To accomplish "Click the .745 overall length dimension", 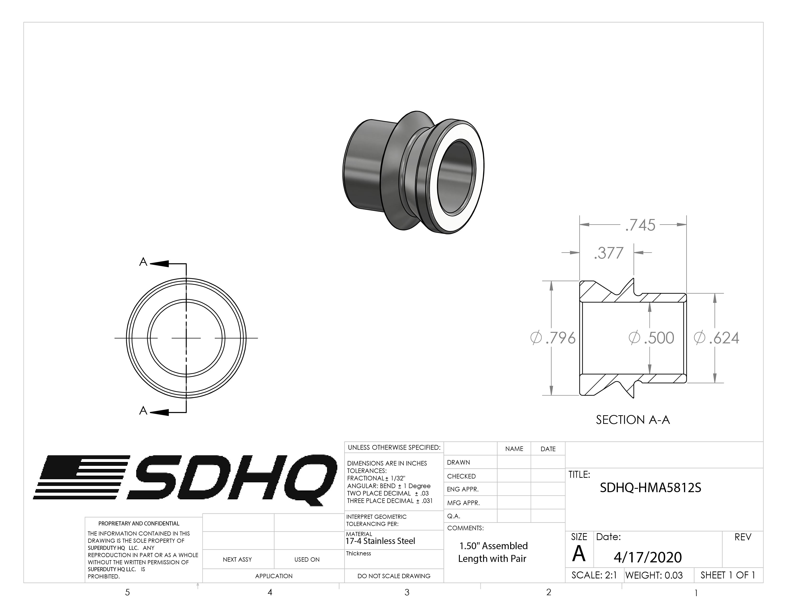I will tap(640, 225).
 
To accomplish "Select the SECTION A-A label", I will tap(633, 420).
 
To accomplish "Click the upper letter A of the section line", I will tap(143, 262).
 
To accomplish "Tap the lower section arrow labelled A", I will tap(159, 412).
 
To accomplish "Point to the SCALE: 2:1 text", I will tap(594, 575).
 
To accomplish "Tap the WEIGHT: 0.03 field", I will tap(654, 575).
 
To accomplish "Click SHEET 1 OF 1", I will tap(728, 575).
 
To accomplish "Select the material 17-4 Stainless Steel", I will tap(380, 541).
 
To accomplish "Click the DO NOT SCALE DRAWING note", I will tap(394, 576).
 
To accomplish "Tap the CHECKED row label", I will tap(461, 476).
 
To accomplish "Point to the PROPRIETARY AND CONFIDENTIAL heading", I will tap(139, 523).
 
